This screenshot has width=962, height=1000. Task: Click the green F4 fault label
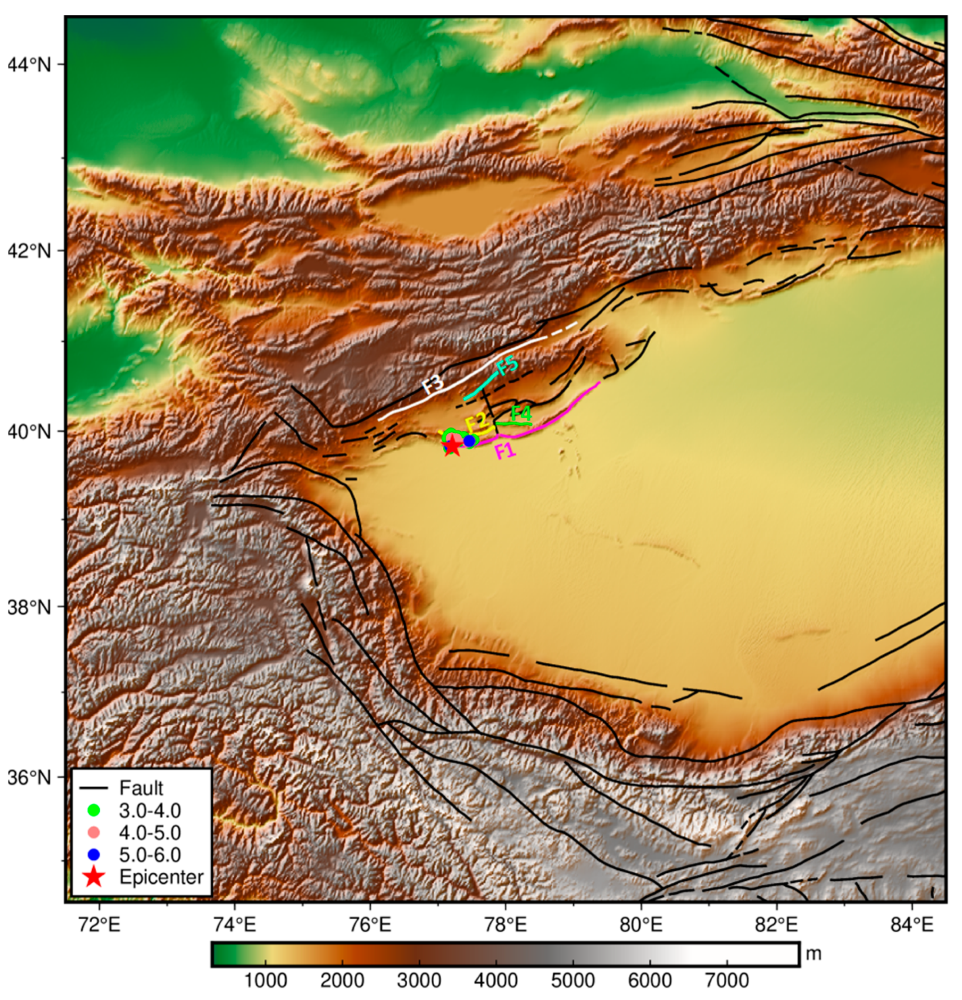[x=521, y=413]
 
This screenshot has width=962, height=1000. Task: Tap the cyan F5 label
[x=508, y=366]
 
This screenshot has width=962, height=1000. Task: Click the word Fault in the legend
[x=141, y=788]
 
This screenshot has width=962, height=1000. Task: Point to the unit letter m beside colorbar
[x=814, y=953]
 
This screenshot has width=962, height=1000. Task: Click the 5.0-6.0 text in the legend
[x=150, y=854]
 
